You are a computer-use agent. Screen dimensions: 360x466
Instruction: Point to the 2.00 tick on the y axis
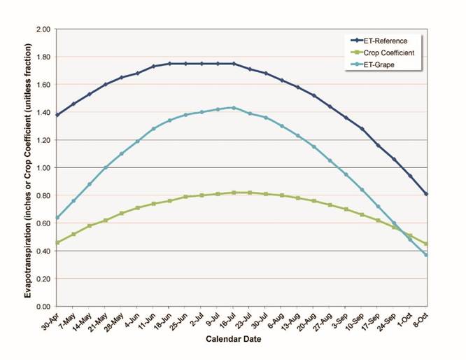click(x=43, y=29)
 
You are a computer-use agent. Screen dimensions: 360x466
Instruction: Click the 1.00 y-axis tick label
click(x=43, y=168)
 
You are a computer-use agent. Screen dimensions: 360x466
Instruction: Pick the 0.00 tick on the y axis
click(x=43, y=306)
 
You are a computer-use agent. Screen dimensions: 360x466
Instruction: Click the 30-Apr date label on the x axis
click(x=50, y=319)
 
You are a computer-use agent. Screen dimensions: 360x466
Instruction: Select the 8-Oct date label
click(x=420, y=319)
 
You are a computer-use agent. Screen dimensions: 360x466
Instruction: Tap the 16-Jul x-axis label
click(x=226, y=319)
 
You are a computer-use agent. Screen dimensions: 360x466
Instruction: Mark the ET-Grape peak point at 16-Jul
click(x=233, y=108)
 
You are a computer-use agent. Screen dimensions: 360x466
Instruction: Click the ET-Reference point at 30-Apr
click(x=57, y=115)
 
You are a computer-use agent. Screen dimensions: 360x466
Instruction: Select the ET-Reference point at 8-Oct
click(x=426, y=194)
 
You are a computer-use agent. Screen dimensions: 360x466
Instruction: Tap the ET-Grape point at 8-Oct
click(x=426, y=255)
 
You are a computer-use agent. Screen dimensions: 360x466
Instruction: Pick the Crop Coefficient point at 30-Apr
click(x=57, y=243)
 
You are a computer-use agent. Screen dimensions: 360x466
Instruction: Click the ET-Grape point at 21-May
click(x=106, y=167)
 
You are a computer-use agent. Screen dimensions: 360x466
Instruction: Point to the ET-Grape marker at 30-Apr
click(x=57, y=218)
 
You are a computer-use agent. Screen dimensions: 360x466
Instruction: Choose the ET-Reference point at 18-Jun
click(x=169, y=64)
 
